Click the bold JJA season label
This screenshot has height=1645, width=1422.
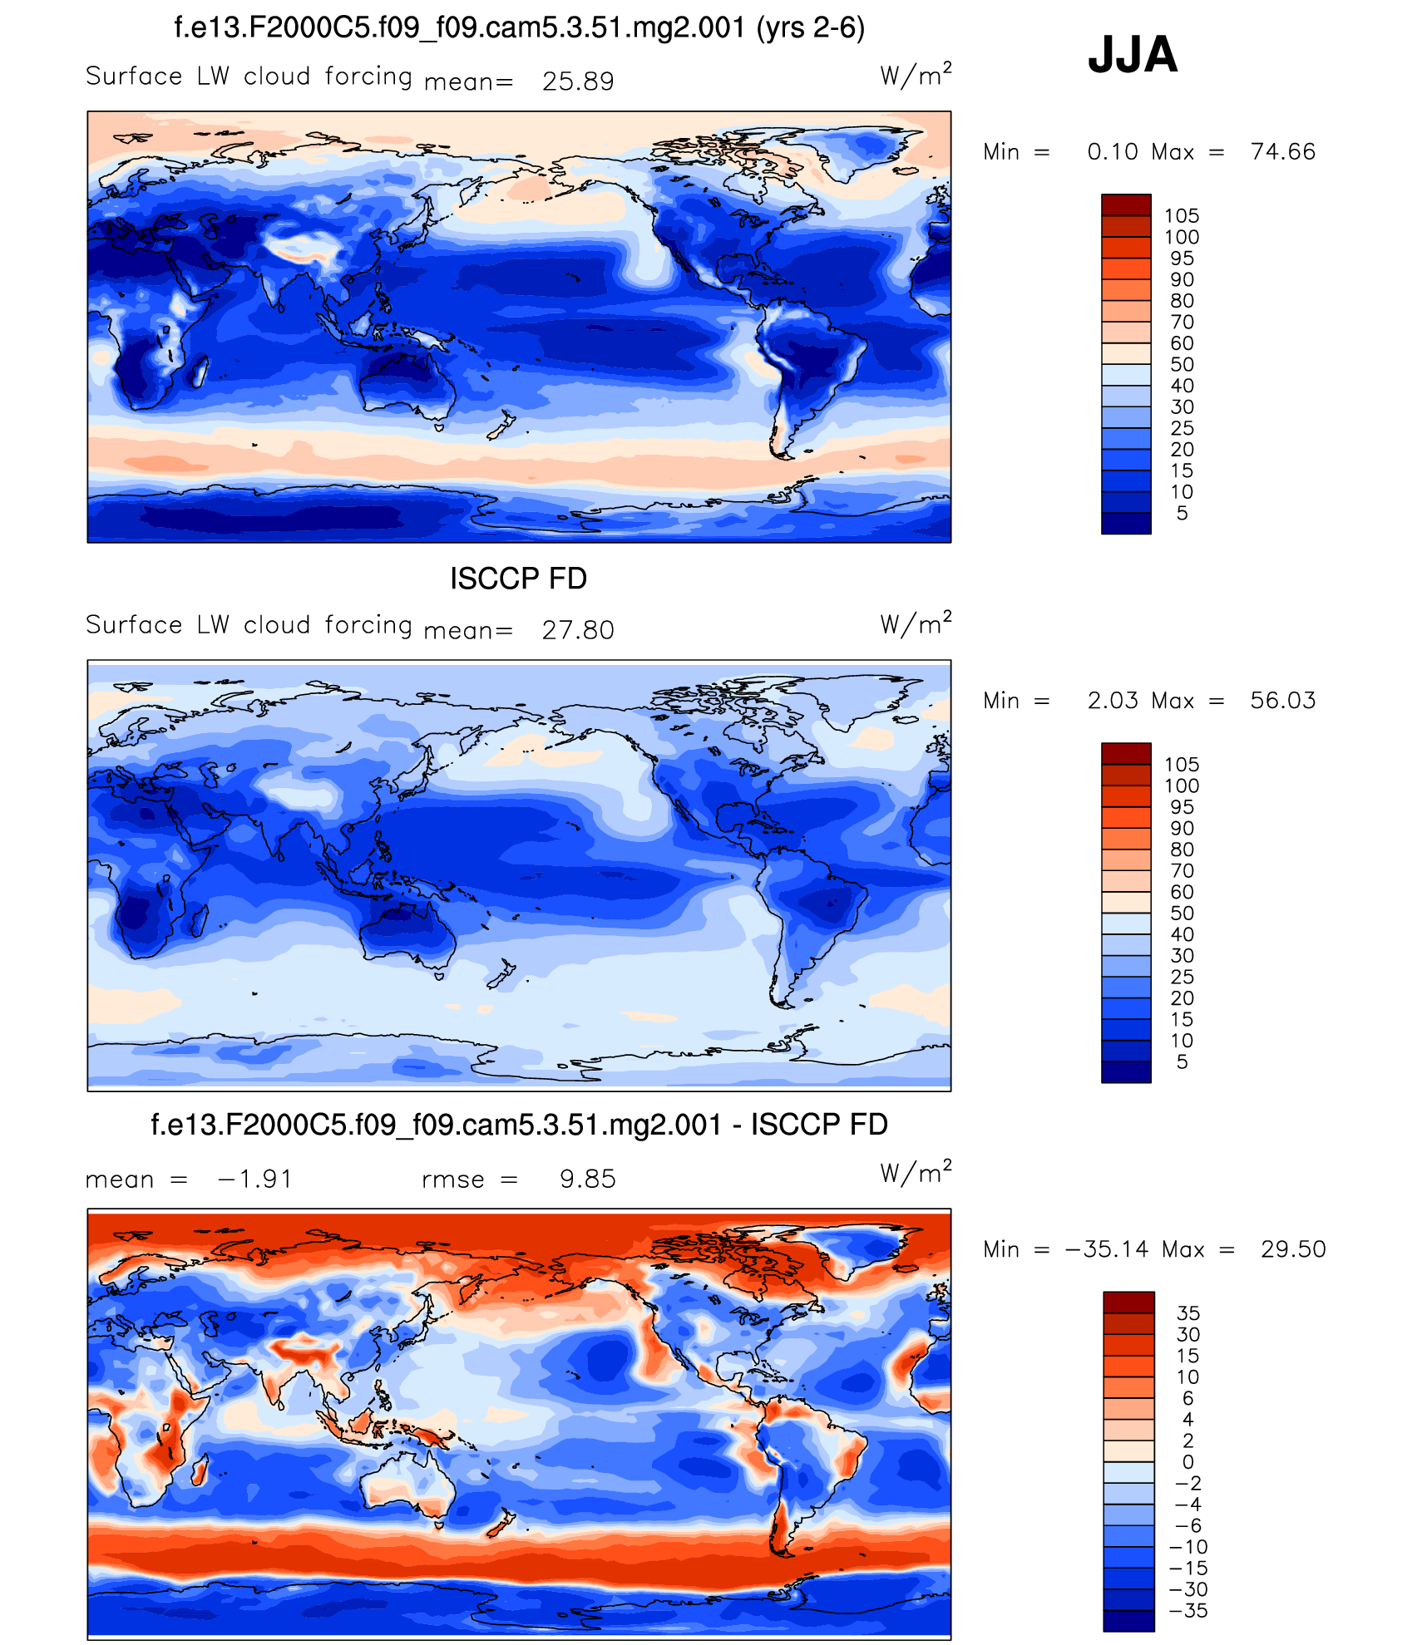[x=1133, y=55]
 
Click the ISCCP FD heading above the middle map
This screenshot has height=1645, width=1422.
[x=518, y=579]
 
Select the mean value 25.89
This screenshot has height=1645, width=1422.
[x=578, y=81]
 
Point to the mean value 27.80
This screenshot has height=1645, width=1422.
[x=578, y=630]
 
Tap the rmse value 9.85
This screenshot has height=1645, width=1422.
[x=587, y=1179]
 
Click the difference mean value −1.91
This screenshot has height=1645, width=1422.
[x=255, y=1179]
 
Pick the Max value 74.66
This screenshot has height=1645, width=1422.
[x=1283, y=151]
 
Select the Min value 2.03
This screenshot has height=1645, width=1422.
[x=1113, y=700]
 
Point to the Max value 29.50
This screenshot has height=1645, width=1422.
[x=1293, y=1249]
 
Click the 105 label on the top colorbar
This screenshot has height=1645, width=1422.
[x=1182, y=216]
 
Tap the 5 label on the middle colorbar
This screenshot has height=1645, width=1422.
[x=1182, y=1061]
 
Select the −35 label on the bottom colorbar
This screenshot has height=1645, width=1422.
[x=1188, y=1610]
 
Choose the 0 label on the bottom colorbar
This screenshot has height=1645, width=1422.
[x=1187, y=1461]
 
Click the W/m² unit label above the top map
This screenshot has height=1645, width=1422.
[x=916, y=76]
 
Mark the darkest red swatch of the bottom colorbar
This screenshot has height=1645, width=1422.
[x=1128, y=1302]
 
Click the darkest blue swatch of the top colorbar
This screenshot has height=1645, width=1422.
[x=1126, y=524]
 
